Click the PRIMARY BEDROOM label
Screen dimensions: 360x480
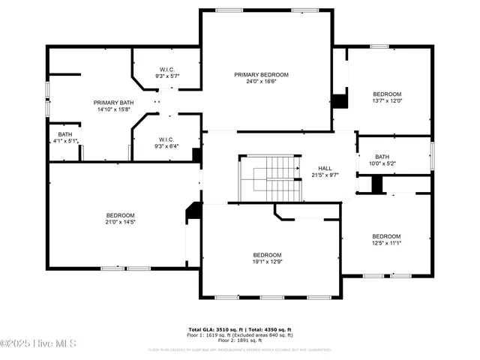tap(261, 74)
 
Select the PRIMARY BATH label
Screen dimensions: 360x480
tap(114, 103)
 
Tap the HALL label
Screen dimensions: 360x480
tap(324, 168)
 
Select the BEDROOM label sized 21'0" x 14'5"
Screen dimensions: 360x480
tap(120, 217)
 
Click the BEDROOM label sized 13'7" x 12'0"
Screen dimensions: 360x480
tap(387, 96)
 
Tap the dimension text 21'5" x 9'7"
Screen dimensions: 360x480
tap(324, 175)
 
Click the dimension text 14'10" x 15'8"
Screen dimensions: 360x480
tap(114, 109)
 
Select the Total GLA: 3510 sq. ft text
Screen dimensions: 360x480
tap(214, 328)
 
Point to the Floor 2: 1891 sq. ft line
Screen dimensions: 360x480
tap(239, 339)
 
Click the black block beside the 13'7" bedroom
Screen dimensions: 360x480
tap(340, 100)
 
